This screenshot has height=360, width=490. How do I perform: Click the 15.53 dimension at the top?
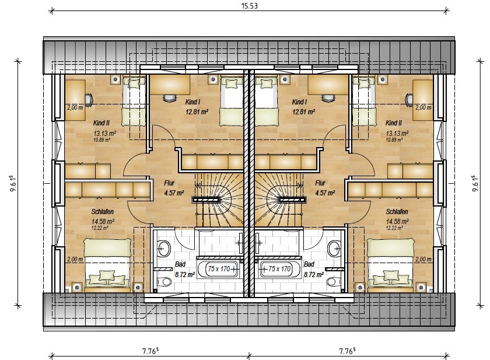[x=250, y=6]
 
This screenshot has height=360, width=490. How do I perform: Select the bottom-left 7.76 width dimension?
[x=150, y=351]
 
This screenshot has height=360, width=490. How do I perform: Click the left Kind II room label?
[x=101, y=123]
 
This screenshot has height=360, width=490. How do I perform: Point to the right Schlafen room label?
[x=397, y=212]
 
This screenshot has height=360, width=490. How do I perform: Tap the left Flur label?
[x=169, y=183]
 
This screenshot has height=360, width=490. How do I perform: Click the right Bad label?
[x=309, y=264]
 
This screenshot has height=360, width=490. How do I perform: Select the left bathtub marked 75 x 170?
[x=218, y=269]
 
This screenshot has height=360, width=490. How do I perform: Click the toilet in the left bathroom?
[x=164, y=282]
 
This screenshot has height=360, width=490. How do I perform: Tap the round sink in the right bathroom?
[x=334, y=249]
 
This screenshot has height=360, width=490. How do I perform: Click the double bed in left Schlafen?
[x=108, y=264]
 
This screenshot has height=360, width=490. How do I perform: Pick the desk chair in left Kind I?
[x=169, y=98]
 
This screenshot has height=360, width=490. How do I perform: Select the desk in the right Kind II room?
[x=423, y=100]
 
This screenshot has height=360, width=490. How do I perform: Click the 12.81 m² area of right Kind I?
[x=303, y=111]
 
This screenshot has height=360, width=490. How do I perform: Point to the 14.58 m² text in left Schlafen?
[x=103, y=221]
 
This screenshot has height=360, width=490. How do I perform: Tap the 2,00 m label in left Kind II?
[x=75, y=107]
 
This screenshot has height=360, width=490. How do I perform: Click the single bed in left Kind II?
[x=134, y=102]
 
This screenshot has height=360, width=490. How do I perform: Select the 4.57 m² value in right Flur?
[x=325, y=193]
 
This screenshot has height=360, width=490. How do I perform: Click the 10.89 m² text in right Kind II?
[x=394, y=139]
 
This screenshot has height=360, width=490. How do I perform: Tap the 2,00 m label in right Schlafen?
[x=423, y=259]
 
